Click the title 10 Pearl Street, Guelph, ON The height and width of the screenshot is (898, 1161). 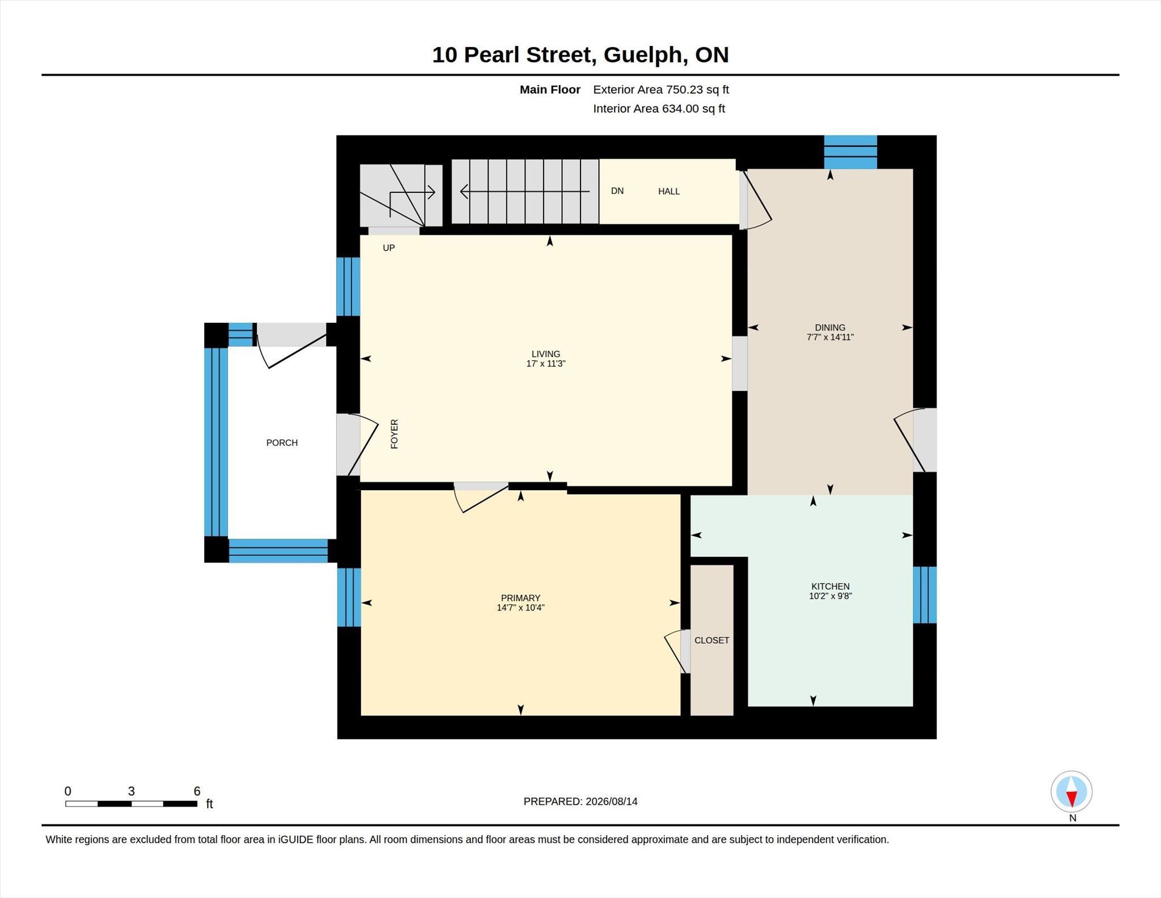[580, 55]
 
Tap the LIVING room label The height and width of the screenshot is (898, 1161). [546, 354]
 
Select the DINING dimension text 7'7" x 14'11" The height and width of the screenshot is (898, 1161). [830, 337]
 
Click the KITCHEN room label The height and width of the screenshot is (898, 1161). [831, 587]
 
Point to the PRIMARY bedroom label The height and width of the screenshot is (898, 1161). [520, 598]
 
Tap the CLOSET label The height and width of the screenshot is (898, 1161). [712, 640]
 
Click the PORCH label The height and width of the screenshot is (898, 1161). [282, 443]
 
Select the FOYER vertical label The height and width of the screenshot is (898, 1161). [395, 434]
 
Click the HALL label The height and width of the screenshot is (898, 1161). [669, 192]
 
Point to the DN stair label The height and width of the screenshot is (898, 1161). [617, 191]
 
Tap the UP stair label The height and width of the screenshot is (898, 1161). [389, 248]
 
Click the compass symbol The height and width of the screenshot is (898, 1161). [1071, 791]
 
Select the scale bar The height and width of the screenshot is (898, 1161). [131, 804]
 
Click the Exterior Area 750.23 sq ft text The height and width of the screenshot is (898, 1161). [661, 90]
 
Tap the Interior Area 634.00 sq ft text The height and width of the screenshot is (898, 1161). [659, 109]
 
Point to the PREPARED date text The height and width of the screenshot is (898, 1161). [580, 802]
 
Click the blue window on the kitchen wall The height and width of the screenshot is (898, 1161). [925, 595]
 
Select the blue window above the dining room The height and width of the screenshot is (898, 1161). [850, 152]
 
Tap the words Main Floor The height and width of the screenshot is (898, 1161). [550, 90]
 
